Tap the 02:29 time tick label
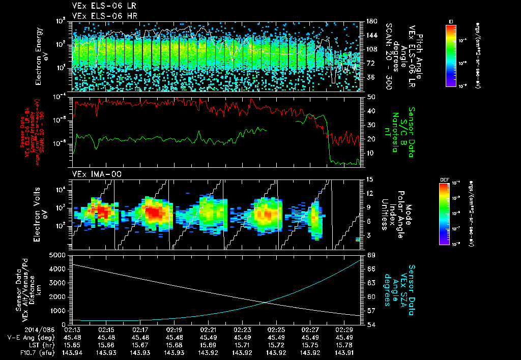[343, 329]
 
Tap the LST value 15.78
[343, 344]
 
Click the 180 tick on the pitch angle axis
[371, 21]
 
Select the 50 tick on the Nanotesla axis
[369, 97]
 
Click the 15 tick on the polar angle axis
[369, 179]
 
